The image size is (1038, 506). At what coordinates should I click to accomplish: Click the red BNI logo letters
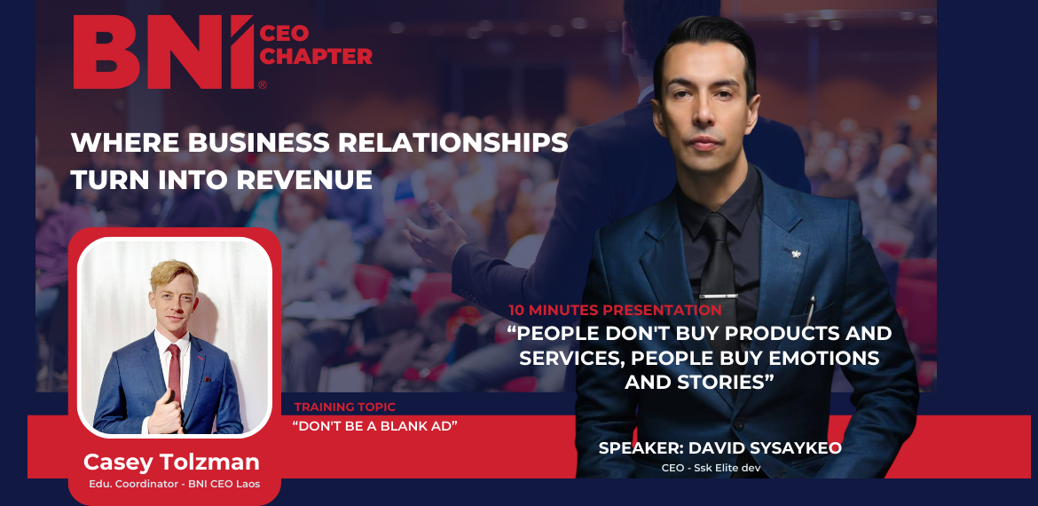[163, 51]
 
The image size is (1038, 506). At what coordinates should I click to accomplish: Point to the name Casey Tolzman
[171, 462]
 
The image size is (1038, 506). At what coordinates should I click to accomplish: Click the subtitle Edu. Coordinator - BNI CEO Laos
[175, 484]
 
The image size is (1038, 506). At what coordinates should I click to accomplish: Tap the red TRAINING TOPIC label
[345, 407]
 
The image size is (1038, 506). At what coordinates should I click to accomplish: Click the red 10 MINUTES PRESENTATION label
[615, 310]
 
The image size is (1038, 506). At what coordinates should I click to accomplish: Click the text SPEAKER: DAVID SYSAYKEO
[720, 447]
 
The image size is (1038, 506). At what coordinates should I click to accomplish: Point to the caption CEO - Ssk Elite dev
[711, 468]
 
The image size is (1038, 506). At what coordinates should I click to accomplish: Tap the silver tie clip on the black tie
[718, 295]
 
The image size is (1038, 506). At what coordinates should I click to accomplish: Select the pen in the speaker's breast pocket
[810, 310]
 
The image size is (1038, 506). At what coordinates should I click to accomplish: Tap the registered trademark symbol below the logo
[263, 84]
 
